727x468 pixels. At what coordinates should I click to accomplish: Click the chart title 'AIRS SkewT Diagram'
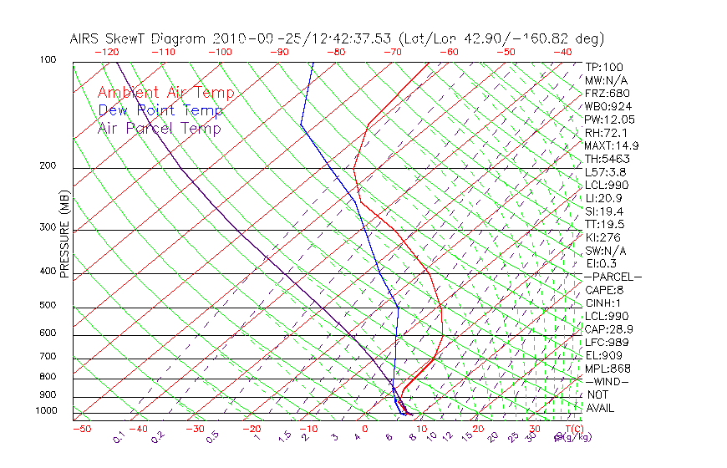(x=139, y=38)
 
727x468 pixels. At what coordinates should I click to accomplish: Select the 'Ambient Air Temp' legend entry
(x=165, y=93)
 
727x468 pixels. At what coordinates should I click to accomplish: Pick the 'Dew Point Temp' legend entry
(x=160, y=110)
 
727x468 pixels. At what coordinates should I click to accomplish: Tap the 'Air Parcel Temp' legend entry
(x=159, y=128)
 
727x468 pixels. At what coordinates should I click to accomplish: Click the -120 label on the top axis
(x=106, y=52)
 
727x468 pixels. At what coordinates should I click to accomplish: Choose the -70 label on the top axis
(x=392, y=52)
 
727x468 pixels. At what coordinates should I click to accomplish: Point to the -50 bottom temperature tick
(x=81, y=429)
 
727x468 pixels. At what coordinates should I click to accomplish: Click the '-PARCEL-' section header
(x=613, y=277)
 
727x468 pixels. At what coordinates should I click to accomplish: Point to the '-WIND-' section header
(x=608, y=381)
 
